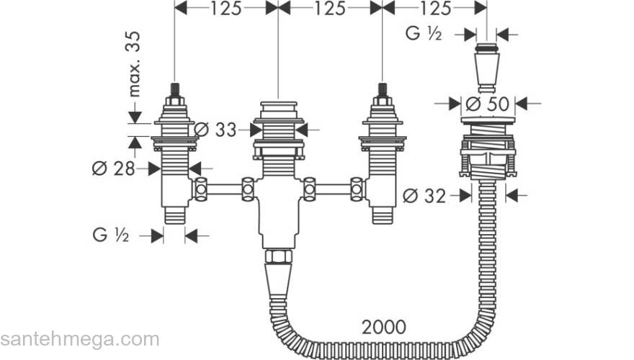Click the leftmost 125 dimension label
click(226, 8)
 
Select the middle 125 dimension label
click(330, 8)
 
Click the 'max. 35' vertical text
click(134, 64)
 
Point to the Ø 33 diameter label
click(215, 130)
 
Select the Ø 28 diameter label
click(113, 168)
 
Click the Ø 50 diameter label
click(487, 104)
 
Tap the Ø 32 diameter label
click(424, 196)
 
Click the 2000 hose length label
click(384, 327)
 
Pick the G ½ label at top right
click(424, 34)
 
